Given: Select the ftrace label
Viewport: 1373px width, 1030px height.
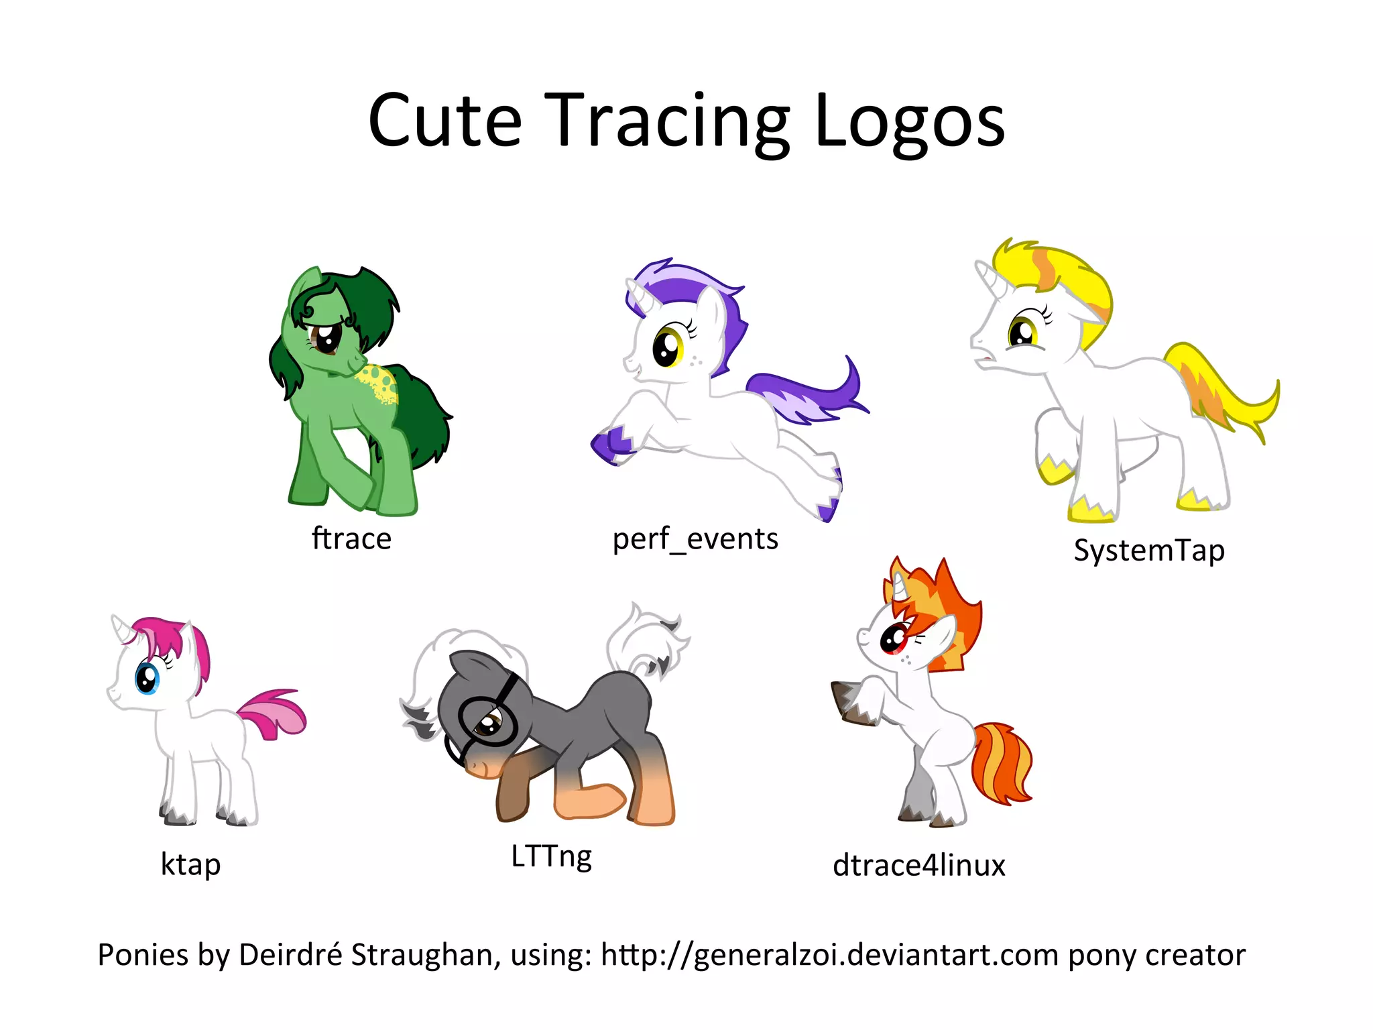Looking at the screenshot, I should (351, 538).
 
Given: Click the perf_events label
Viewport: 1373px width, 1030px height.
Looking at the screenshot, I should (695, 538).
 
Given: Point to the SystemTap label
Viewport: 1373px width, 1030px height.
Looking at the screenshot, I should (1148, 551).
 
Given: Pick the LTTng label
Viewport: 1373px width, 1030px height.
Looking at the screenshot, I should (551, 856).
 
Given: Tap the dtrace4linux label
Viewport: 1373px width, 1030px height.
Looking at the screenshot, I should (918, 865).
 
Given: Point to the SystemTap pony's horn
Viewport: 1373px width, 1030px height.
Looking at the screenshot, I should (986, 274).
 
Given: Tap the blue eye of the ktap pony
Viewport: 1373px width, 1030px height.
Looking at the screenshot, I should (147, 678).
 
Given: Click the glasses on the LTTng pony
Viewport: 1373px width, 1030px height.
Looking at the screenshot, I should (487, 721).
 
